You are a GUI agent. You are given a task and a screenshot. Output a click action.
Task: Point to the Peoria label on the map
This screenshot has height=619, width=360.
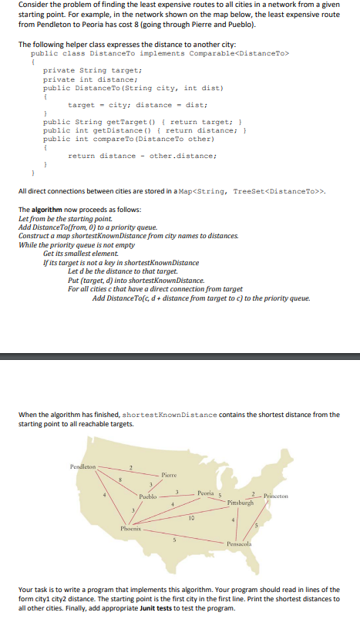click(205, 493)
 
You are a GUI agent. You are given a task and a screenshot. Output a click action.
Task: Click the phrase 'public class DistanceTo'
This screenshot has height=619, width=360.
click(73, 53)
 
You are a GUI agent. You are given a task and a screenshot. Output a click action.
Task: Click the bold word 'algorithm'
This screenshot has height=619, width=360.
click(45, 210)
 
